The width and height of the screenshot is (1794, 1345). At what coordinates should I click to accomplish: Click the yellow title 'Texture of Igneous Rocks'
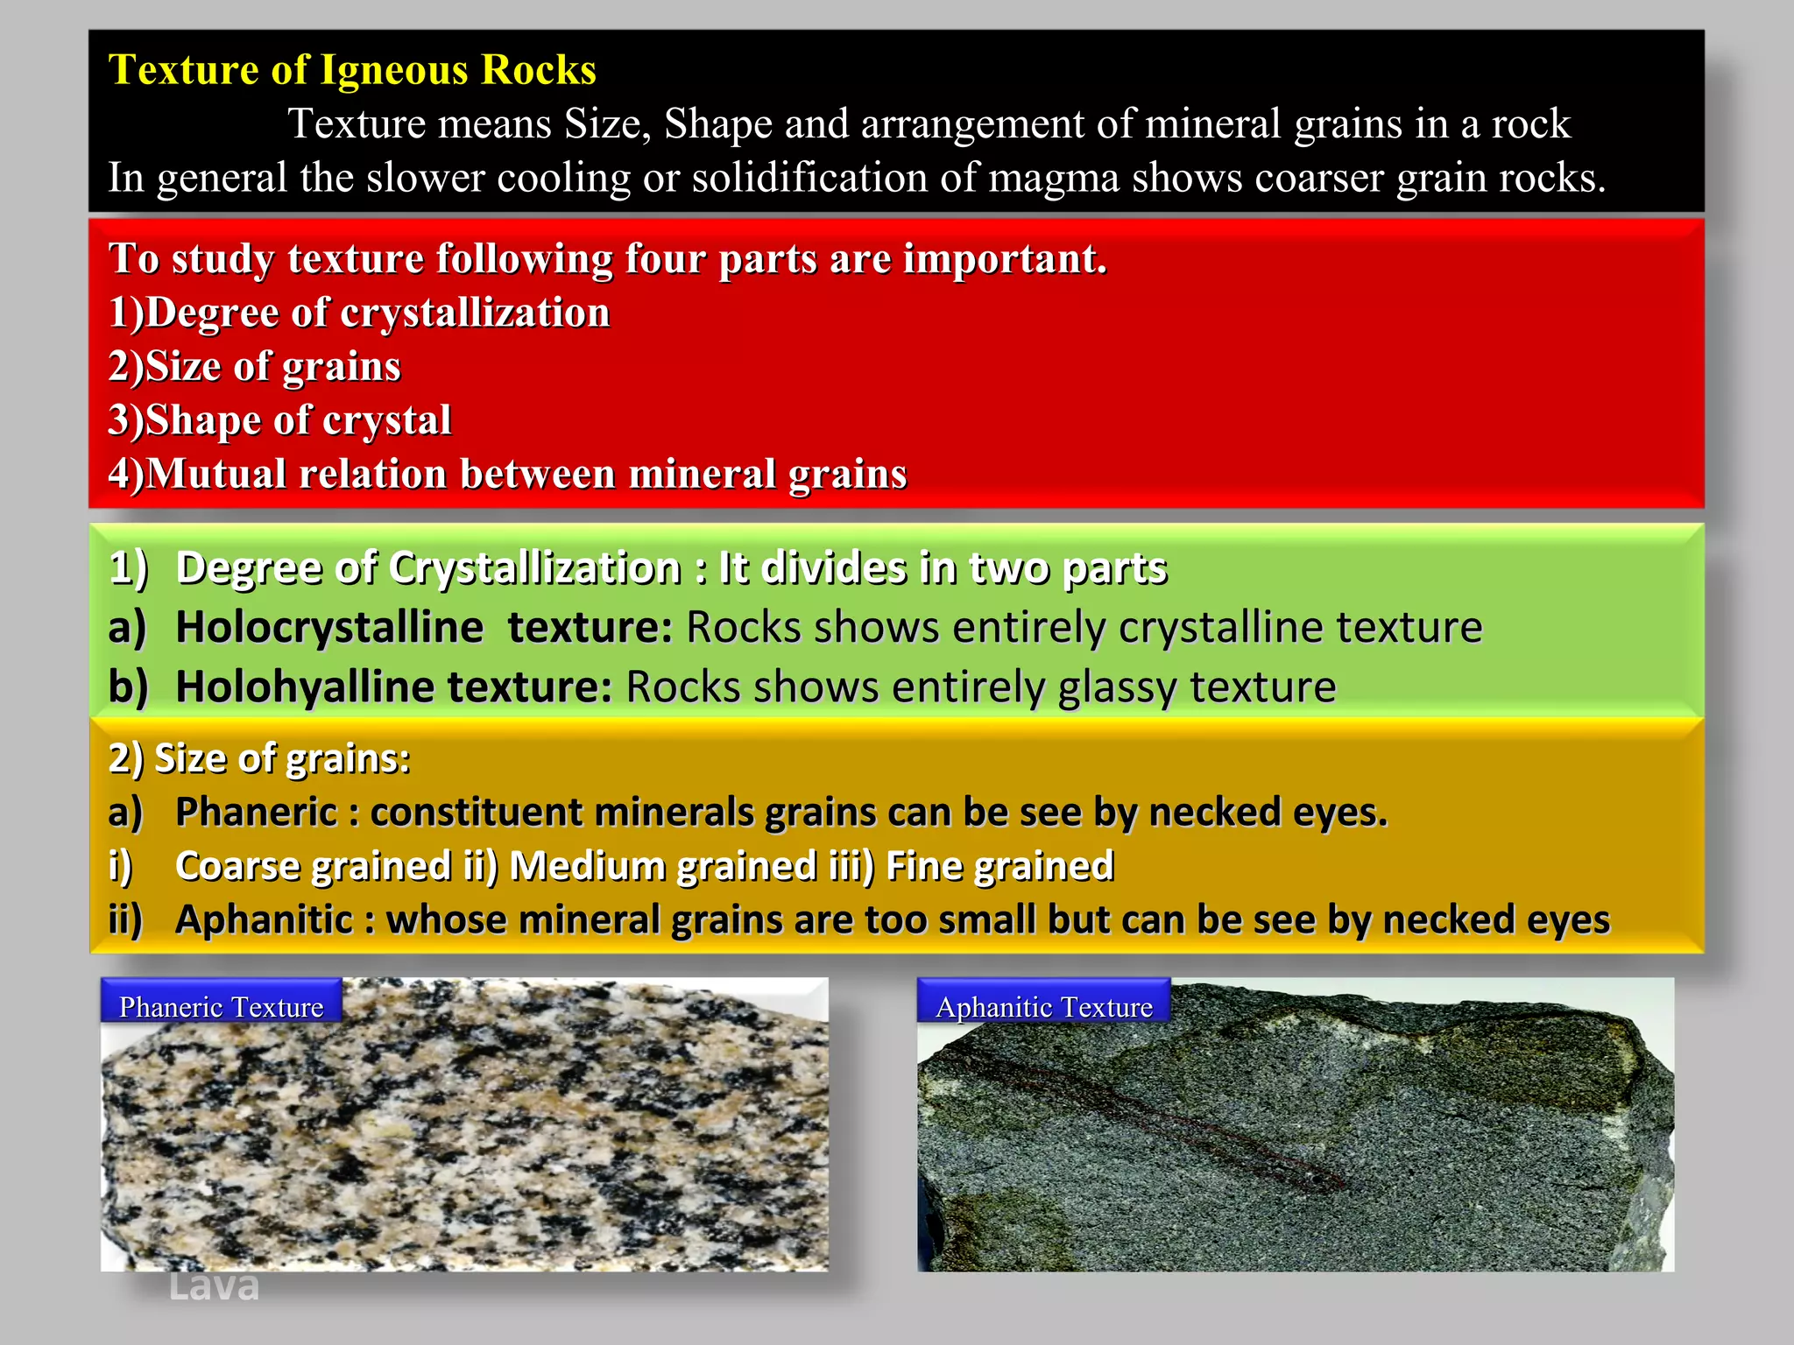(x=352, y=70)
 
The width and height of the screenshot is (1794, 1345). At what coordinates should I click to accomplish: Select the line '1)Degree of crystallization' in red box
(x=359, y=313)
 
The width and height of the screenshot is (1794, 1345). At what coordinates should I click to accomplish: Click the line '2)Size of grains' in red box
(x=254, y=366)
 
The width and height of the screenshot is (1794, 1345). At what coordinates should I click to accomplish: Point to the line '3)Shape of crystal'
(x=279, y=420)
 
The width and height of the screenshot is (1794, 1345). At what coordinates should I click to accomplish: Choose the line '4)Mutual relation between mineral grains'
(x=507, y=474)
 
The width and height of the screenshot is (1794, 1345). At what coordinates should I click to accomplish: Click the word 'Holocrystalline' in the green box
(x=328, y=628)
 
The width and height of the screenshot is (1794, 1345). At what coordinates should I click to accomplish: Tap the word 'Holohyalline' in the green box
(x=304, y=687)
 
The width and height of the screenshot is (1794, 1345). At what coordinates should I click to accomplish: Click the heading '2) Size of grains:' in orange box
(x=259, y=758)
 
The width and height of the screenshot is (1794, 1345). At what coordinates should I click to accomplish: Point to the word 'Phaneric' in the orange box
(x=256, y=813)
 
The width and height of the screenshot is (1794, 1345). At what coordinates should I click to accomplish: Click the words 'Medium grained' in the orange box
(x=663, y=867)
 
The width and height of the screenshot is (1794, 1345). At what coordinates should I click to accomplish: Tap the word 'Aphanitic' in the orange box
(x=263, y=920)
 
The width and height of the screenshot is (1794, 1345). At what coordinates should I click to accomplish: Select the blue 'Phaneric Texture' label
(x=221, y=1007)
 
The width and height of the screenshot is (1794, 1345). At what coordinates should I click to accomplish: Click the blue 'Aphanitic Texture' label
(x=1043, y=1007)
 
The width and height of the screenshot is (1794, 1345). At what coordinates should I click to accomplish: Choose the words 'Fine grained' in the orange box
(x=999, y=867)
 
